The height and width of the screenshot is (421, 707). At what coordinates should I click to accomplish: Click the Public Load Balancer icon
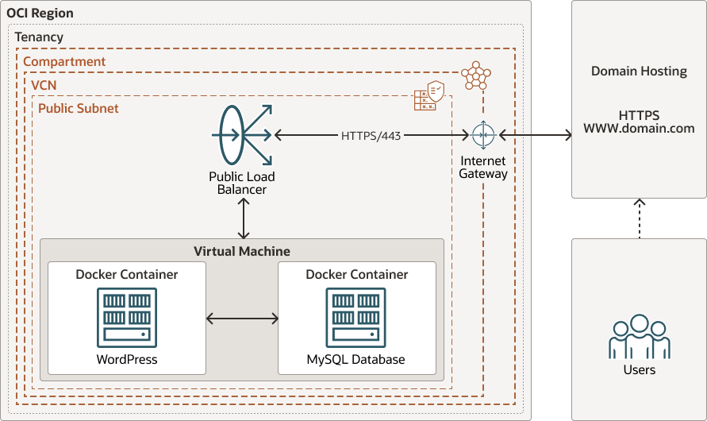[242, 136]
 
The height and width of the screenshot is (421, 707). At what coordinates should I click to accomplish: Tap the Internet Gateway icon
[482, 136]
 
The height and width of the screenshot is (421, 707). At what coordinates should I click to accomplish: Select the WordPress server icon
[127, 318]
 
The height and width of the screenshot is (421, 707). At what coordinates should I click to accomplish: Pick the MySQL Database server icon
[356, 318]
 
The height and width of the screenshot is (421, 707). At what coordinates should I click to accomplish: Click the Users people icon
[639, 338]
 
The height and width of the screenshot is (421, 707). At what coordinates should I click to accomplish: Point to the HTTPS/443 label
[371, 136]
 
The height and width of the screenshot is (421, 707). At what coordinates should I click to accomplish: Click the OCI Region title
[40, 14]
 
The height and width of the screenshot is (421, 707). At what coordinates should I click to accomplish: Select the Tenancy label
[39, 37]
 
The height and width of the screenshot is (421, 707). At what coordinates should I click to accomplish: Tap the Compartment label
[64, 61]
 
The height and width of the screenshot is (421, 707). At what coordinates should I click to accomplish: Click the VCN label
[44, 84]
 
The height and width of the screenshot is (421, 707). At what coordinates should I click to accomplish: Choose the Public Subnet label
[79, 107]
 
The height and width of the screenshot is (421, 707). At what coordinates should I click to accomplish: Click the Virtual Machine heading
[242, 251]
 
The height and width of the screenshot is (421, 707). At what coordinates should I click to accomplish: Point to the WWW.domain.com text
[639, 128]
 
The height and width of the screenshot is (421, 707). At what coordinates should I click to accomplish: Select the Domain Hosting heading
[639, 71]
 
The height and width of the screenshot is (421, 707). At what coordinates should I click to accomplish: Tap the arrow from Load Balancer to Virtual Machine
[243, 218]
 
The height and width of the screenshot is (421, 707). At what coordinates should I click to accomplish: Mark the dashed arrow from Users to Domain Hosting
[640, 218]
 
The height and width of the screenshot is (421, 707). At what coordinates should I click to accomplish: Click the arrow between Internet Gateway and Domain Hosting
[536, 136]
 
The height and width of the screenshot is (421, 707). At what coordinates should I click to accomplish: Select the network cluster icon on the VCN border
[475, 75]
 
